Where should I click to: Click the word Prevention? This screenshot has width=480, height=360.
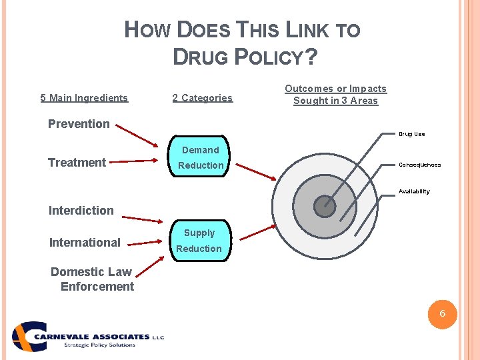(79, 123)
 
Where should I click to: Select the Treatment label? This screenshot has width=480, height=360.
(77, 162)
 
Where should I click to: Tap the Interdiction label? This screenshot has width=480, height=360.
(81, 210)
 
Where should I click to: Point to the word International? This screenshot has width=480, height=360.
(85, 242)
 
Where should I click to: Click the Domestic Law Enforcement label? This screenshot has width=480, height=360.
(92, 279)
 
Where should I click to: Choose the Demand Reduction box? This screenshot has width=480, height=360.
(201, 157)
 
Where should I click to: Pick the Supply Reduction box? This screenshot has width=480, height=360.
(199, 241)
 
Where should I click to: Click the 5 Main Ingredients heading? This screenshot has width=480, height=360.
(84, 98)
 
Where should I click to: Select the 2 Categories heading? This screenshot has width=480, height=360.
(202, 98)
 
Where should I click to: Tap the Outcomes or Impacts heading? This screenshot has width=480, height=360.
(335, 95)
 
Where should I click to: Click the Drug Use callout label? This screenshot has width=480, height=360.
(411, 134)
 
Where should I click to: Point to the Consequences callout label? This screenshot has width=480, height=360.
(419, 165)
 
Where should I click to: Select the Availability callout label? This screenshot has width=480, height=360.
(414, 191)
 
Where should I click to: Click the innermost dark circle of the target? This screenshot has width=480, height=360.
(325, 206)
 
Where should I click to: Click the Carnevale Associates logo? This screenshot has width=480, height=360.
(87, 337)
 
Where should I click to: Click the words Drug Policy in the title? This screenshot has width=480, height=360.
(244, 57)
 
